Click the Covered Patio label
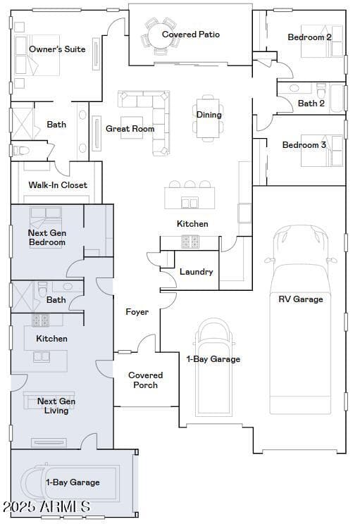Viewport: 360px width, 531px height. pyautogui.click(x=191, y=35)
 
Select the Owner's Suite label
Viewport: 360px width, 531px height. pyautogui.click(x=57, y=49)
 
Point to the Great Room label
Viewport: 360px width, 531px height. pyautogui.click(x=130, y=129)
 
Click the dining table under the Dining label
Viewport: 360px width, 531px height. pyautogui.click(x=208, y=118)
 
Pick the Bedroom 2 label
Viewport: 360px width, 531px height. pyautogui.click(x=309, y=37)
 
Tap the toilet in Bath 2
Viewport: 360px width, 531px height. pyautogui.click(x=321, y=89)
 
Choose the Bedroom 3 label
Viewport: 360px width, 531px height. pyautogui.click(x=304, y=145)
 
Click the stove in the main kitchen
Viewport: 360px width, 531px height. pyautogui.click(x=190, y=242)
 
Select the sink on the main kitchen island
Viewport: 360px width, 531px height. pyautogui.click(x=190, y=203)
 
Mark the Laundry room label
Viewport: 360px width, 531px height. pyautogui.click(x=196, y=272)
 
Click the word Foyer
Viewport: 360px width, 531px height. pyautogui.click(x=137, y=312)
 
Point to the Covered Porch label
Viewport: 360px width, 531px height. pyautogui.click(x=146, y=380)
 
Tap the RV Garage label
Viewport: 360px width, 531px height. pyautogui.click(x=301, y=299)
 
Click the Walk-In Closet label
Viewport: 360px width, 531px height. pyautogui.click(x=58, y=185)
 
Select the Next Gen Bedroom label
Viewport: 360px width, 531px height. pyautogui.click(x=47, y=237)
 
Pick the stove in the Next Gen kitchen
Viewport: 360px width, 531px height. pyautogui.click(x=40, y=320)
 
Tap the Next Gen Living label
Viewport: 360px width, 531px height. pyautogui.click(x=56, y=406)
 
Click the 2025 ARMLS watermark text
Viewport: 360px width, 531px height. pyautogui.click(x=46, y=506)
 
